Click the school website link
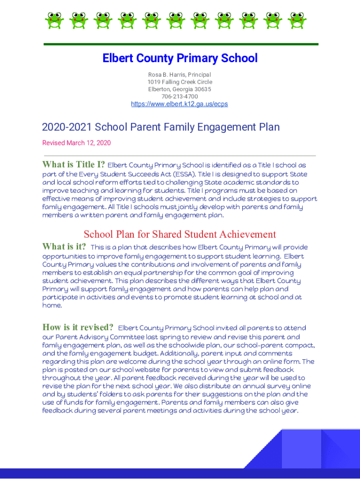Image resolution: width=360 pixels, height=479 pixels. click(180, 104)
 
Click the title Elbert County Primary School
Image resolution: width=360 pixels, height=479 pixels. click(180, 58)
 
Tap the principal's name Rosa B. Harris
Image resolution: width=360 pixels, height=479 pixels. click(165, 75)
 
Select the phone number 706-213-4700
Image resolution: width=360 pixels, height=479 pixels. click(180, 96)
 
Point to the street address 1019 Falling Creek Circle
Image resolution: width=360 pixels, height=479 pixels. click(180, 82)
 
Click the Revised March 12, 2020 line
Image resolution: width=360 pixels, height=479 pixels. click(77, 143)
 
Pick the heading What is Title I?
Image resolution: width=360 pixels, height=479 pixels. click(73, 165)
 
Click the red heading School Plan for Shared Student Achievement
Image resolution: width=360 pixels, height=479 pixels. click(180, 234)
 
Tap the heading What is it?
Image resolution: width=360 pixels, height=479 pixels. click(64, 247)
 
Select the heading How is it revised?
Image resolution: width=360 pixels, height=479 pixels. click(78, 327)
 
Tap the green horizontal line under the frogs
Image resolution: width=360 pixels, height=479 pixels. click(180, 44)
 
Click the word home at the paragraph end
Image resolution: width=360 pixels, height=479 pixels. click(51, 305)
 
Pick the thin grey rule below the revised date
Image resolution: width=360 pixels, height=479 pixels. click(180, 155)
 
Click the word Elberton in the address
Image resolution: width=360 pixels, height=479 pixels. click(159, 89)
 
